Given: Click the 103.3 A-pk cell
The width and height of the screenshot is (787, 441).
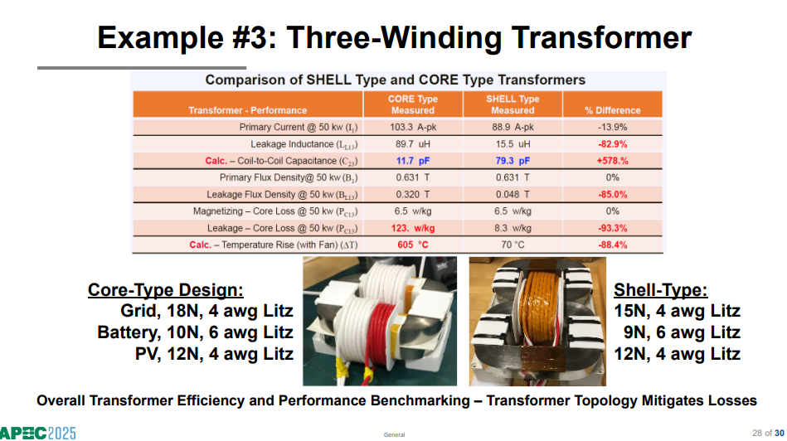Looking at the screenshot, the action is tap(413, 127).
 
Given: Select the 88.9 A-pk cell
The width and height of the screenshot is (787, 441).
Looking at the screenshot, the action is tap(513, 127).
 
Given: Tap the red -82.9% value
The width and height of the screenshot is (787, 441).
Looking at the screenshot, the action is tap(612, 144).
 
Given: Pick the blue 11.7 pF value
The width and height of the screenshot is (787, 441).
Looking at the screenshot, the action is tap(412, 161).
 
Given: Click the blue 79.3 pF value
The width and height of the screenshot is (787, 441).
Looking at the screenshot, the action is tap(513, 161).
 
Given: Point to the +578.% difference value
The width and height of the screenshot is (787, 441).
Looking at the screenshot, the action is tap(612, 161).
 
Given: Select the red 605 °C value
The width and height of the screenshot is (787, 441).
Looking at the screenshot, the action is tap(412, 245).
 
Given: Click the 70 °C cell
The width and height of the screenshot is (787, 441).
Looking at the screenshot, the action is tap(513, 245).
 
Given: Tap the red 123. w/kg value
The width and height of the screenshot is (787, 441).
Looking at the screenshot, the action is tap(413, 228).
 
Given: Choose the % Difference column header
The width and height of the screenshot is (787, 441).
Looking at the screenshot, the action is tap(612, 110).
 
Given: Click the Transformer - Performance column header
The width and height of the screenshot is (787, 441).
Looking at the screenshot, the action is tap(247, 110).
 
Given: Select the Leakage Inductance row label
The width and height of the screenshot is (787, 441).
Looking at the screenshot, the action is tap(304, 144).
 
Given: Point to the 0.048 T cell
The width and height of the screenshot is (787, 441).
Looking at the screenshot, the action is tap(513, 194).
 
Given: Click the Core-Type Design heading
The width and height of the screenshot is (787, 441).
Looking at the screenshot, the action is tap(166, 290).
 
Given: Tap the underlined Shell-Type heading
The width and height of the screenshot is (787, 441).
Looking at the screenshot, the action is tap(660, 290).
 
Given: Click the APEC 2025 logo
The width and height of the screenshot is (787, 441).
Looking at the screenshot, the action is tap(37, 433).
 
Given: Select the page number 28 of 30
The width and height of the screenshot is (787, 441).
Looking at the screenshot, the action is tap(768, 433).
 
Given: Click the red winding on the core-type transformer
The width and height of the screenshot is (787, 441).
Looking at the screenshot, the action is tap(381, 333).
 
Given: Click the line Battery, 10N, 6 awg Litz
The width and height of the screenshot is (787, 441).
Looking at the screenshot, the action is tap(195, 332).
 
